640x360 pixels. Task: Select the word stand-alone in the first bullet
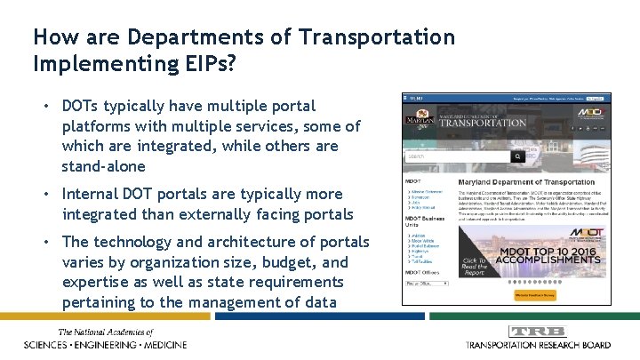[x=103, y=165]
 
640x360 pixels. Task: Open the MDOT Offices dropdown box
[x=426, y=283]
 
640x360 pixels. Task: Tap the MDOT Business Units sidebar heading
[x=425, y=220]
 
